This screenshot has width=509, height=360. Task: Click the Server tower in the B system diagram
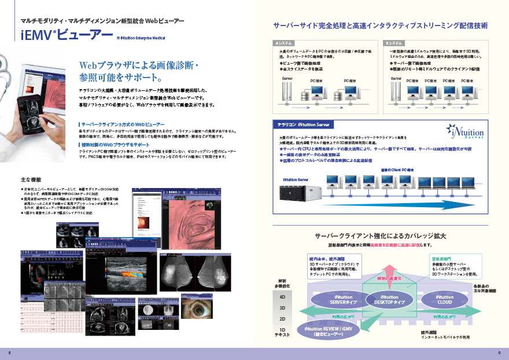[x=396, y=92]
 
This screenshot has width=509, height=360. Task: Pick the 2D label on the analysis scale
[x=282, y=318]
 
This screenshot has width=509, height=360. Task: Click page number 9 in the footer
[x=499, y=352]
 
